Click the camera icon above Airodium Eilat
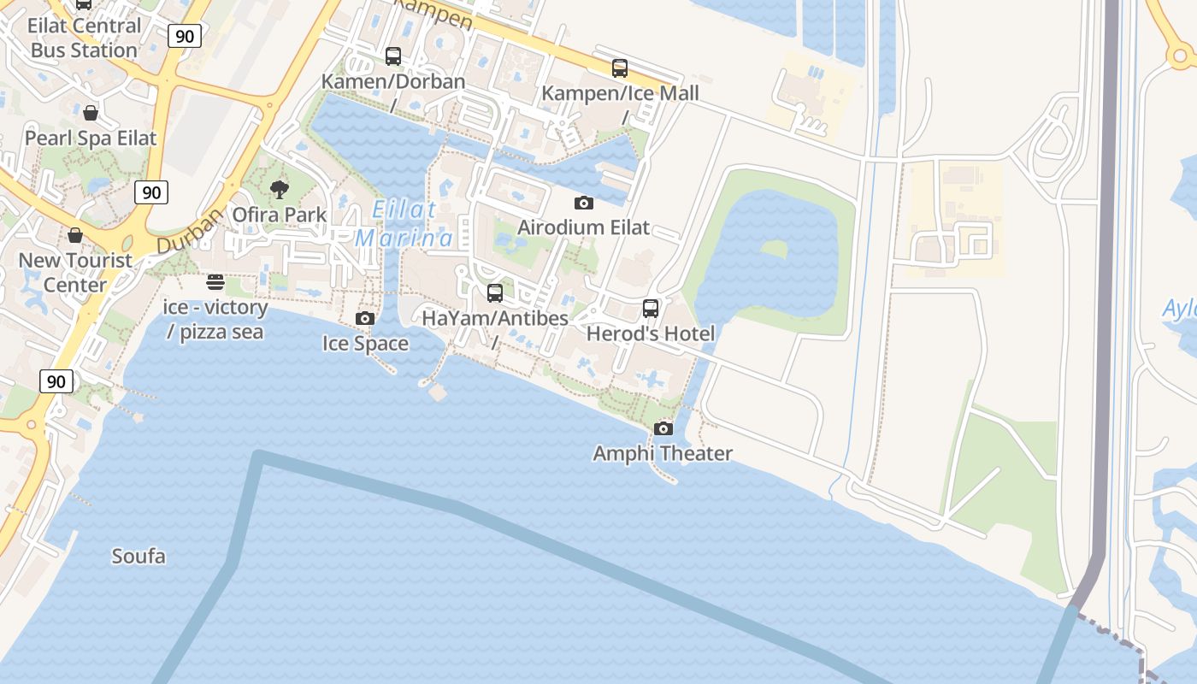(584, 203)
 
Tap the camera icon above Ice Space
(365, 318)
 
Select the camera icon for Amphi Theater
(663, 428)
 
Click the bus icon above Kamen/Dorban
(393, 56)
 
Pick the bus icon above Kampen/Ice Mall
(620, 68)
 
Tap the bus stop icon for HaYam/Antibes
(495, 293)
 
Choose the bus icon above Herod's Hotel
(651, 309)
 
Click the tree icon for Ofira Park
(279, 189)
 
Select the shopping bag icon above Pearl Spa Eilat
(91, 112)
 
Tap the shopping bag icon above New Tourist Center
(75, 234)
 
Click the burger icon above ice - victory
(215, 282)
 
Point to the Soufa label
(139, 557)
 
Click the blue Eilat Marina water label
(404, 224)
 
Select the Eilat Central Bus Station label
(84, 38)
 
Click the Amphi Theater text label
(663, 453)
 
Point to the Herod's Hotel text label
(651, 333)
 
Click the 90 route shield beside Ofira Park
(151, 192)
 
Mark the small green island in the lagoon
(774, 249)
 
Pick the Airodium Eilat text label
(584, 228)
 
